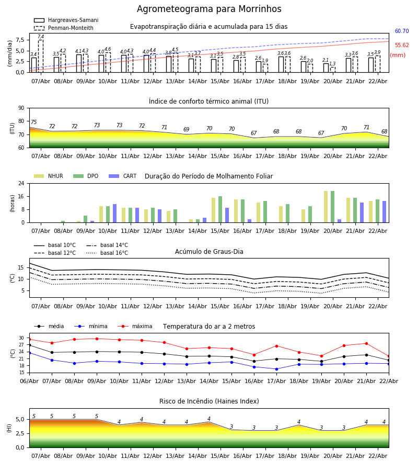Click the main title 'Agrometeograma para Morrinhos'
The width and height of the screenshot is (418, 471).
(209, 9)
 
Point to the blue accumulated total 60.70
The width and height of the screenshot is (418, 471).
(402, 31)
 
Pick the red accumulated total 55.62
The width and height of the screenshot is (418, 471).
(402, 46)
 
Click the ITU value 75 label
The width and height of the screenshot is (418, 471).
(33, 122)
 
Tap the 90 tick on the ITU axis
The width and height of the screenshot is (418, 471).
(21, 108)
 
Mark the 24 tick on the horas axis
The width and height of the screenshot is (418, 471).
(21, 184)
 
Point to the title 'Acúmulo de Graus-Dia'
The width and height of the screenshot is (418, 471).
(209, 252)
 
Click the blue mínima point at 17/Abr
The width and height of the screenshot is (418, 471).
(276, 369)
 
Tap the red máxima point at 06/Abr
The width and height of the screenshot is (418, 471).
(29, 339)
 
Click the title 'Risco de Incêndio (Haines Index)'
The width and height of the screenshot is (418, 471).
(209, 401)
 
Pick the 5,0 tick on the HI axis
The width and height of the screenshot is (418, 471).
(19, 419)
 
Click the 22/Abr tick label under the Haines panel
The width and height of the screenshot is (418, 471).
(378, 456)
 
